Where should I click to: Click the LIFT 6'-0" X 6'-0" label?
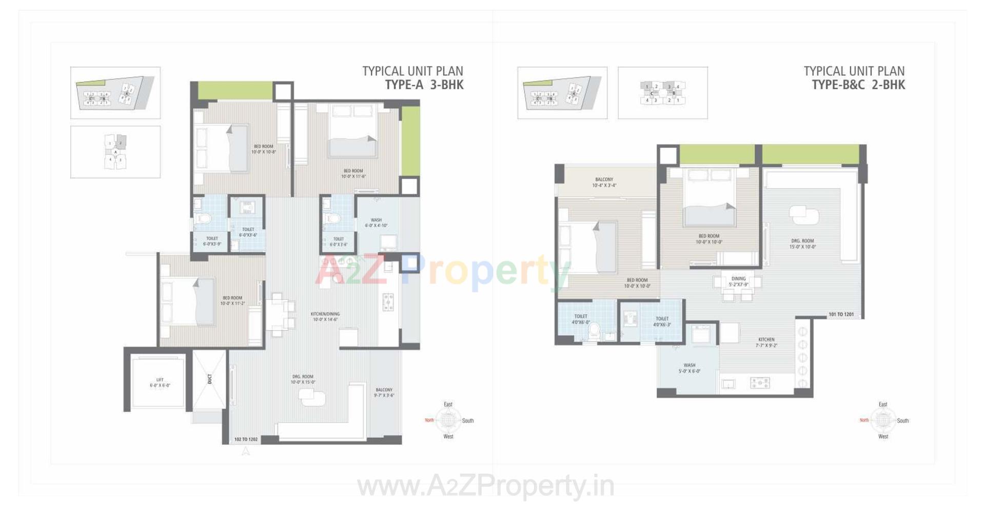[x=160, y=382]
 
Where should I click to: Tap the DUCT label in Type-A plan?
[x=210, y=379]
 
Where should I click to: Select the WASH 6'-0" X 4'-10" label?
[x=376, y=222]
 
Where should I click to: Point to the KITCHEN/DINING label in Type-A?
[x=325, y=316]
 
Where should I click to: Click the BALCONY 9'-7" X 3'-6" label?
[x=384, y=393]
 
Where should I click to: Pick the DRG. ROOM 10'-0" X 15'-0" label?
[x=303, y=379]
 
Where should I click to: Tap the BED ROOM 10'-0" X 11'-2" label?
[x=232, y=300]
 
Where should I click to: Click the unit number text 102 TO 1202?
[x=246, y=439]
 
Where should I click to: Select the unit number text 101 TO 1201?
[x=841, y=314]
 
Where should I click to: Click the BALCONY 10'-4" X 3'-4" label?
[x=604, y=183]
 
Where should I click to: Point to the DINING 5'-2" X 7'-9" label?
[x=738, y=281]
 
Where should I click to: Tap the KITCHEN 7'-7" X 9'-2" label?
[x=766, y=342]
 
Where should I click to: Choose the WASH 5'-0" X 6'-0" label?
[x=689, y=368]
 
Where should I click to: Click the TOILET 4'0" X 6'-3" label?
[x=662, y=321]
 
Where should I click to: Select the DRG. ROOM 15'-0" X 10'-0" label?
[x=802, y=244]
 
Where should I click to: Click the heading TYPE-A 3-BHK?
[x=424, y=85]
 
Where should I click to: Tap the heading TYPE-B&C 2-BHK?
[x=858, y=85]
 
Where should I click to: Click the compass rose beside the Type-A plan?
[x=448, y=420]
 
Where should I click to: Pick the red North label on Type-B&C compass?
[x=864, y=420]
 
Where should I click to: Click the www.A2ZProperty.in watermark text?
[x=485, y=486]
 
